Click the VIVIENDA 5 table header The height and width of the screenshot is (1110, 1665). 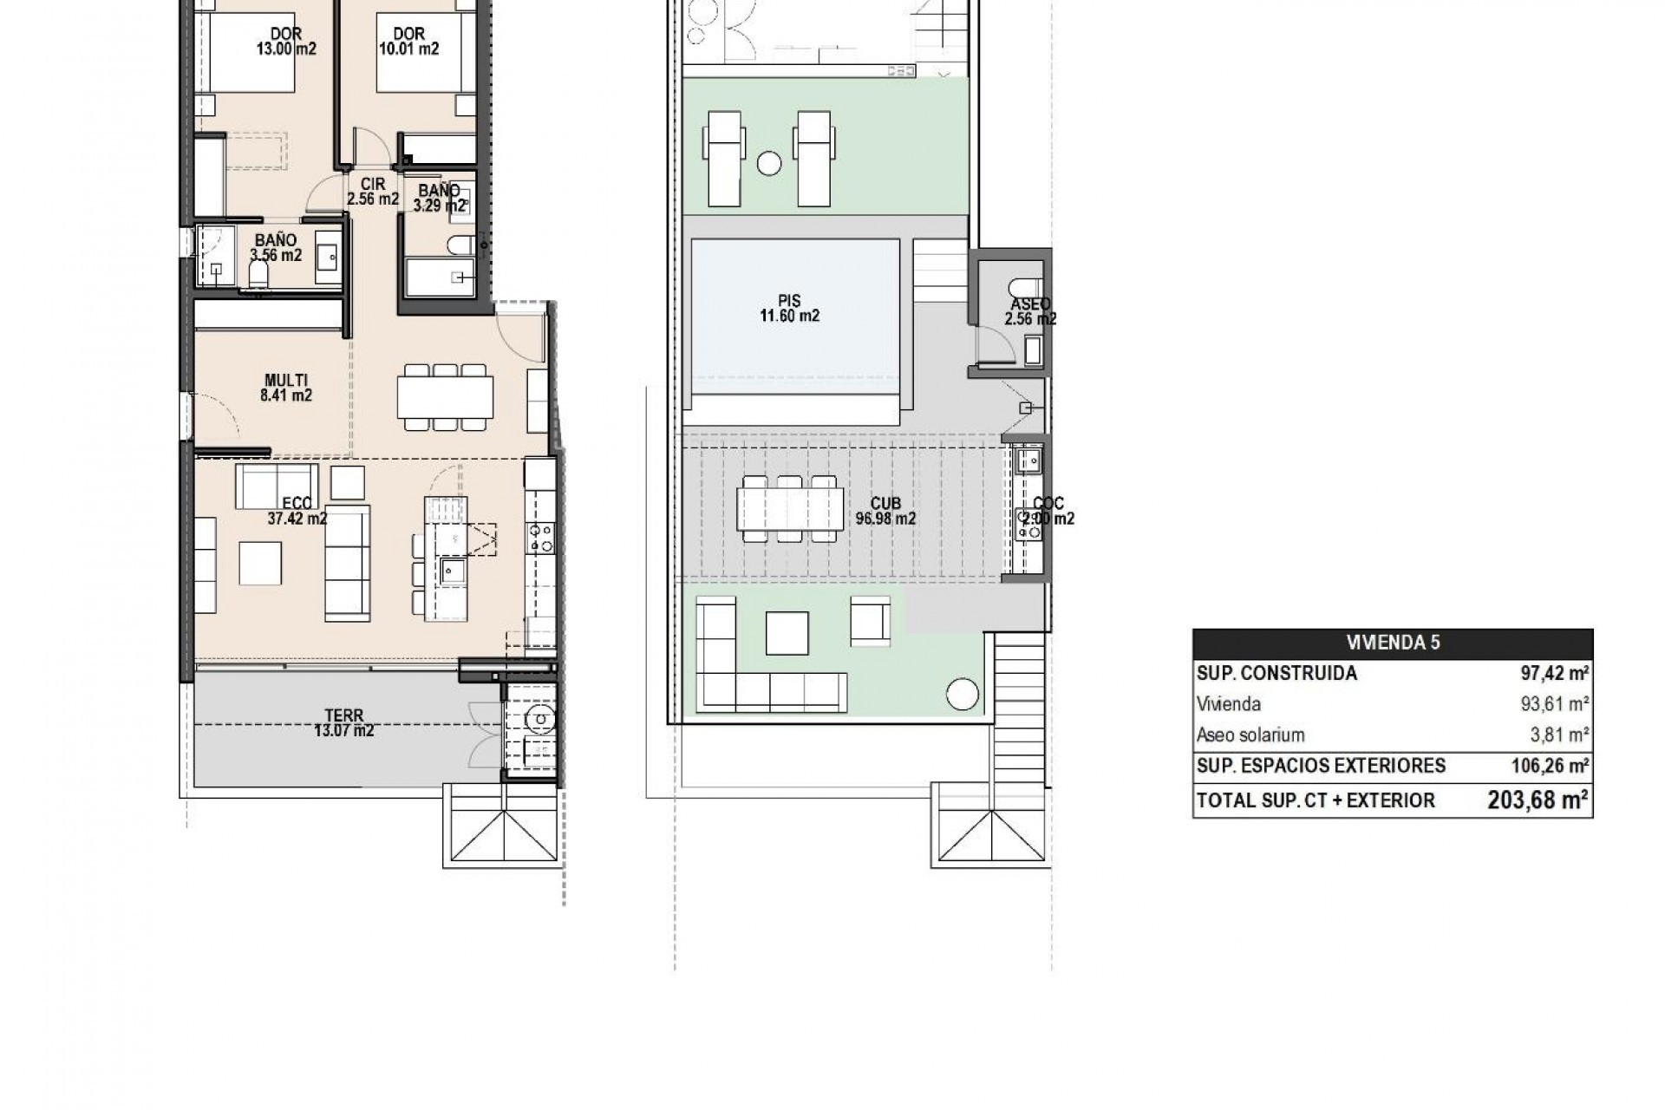tap(1393, 643)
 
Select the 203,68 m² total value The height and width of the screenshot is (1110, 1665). tap(1538, 800)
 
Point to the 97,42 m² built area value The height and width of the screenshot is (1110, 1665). tap(1553, 674)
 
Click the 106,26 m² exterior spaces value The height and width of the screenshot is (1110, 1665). tap(1546, 766)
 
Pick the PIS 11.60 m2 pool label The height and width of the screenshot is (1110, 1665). tap(789, 310)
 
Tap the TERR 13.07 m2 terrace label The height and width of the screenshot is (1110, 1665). tap(343, 723)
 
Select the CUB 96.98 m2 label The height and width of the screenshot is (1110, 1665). tap(885, 512)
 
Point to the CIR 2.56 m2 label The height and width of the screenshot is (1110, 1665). tap(372, 192)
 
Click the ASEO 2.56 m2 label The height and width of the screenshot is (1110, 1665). tap(1030, 311)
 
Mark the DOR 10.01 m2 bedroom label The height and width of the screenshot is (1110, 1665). tap(408, 41)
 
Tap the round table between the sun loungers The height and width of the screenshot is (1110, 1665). tap(768, 162)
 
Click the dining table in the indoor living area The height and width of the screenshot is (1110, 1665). tap(446, 396)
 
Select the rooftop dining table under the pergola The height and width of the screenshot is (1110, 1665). tap(789, 509)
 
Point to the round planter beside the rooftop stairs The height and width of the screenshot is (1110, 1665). tap(962, 694)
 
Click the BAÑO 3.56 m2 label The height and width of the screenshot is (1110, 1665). tap(276, 247)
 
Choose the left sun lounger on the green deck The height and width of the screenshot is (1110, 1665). tap(726, 158)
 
